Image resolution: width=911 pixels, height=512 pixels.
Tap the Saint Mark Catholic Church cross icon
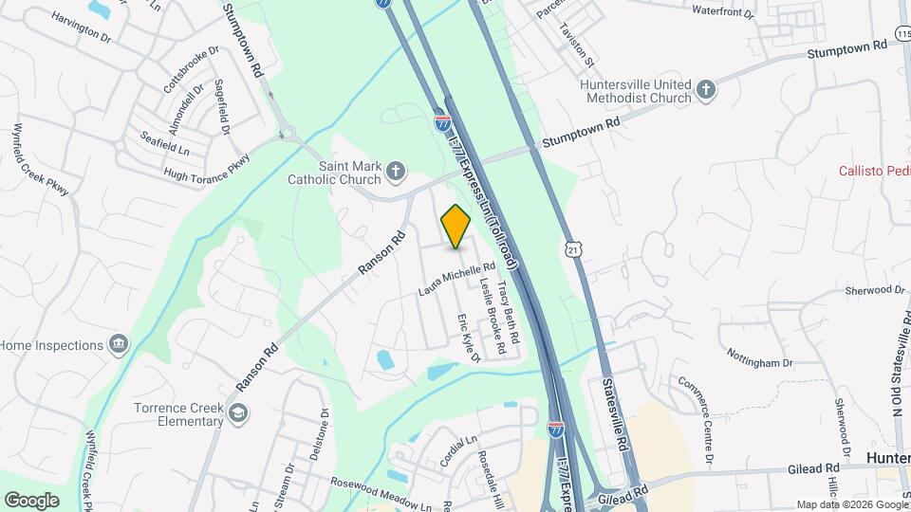[x=396, y=172]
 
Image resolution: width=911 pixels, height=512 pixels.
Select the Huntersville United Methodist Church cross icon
[x=705, y=91]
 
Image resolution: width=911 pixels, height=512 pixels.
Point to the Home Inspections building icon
[x=118, y=343]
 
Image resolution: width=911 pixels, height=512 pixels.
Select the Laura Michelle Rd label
[x=457, y=280]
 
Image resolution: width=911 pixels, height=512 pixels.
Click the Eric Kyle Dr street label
[x=470, y=338]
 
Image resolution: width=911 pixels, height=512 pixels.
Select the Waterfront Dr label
[x=722, y=14]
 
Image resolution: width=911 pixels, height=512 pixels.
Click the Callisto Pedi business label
[x=874, y=171]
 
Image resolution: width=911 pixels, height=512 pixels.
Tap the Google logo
[x=31, y=500]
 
